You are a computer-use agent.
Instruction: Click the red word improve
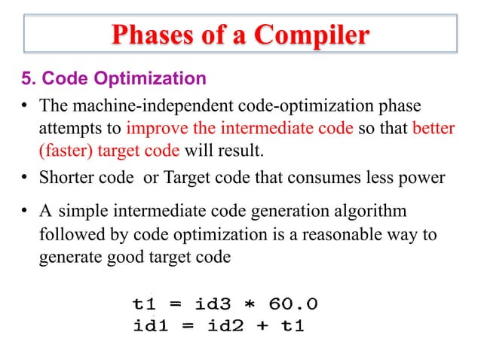coord(155,128)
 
